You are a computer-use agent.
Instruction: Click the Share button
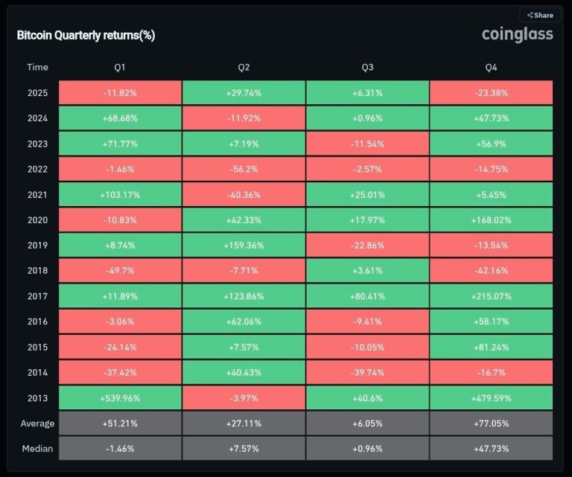pos(540,15)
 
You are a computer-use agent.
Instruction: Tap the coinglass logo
pos(517,34)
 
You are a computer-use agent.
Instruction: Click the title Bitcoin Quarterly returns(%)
pos(86,35)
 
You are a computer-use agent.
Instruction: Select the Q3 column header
pos(367,67)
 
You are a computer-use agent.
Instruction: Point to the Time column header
pos(37,67)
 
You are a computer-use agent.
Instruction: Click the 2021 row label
pos(37,195)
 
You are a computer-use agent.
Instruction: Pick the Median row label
pos(37,449)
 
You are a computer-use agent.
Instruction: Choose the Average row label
pos(37,423)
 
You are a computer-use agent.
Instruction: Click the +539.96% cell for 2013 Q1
pos(119,398)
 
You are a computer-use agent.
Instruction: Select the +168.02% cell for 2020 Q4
pos(491,220)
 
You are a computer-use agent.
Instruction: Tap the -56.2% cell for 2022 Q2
pos(244,169)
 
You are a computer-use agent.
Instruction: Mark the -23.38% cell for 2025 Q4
pos(491,93)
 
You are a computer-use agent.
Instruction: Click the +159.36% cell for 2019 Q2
pos(244,246)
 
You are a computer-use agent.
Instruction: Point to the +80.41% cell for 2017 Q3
pos(367,296)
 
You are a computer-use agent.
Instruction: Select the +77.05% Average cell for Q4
pos(491,423)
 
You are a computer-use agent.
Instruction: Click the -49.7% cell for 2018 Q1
pos(119,271)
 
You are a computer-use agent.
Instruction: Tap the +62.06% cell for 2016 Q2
pos(244,321)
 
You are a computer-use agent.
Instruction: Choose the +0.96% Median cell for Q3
pos(367,449)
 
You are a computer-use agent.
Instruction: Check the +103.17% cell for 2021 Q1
pos(119,195)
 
